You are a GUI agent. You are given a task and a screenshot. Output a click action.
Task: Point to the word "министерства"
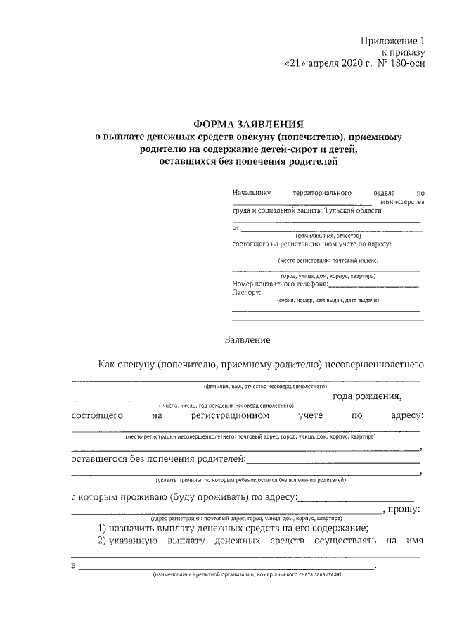[x=401, y=201]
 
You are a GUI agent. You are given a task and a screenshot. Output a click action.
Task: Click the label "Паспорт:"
[x=247, y=291]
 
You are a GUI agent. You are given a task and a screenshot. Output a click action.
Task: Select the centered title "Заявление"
[x=247, y=340]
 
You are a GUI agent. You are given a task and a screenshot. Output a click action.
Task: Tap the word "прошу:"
[x=404, y=509]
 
